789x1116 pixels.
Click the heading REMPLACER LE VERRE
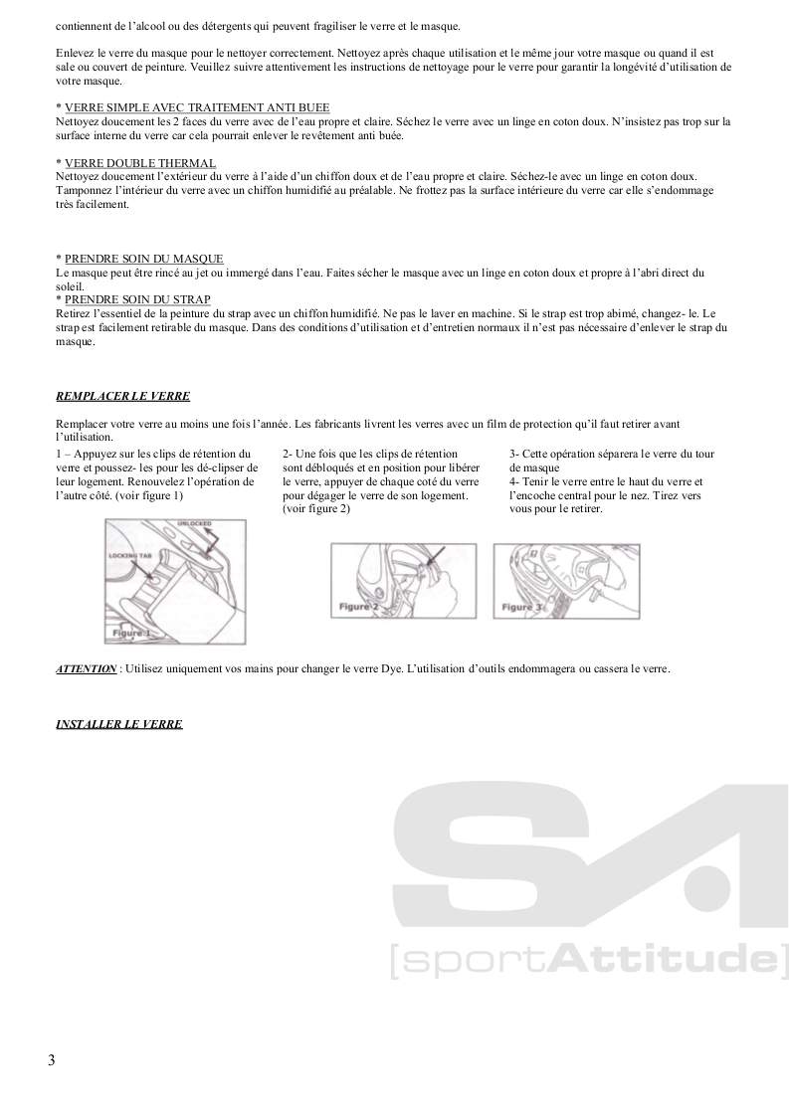click(x=122, y=395)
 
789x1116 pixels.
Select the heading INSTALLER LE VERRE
click(x=118, y=724)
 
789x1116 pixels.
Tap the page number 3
click(x=51, y=1059)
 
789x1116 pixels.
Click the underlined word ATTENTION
click(x=86, y=669)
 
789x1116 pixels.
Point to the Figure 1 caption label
click(x=130, y=632)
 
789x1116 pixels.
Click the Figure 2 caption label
click(x=359, y=606)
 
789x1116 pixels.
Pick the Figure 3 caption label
click(x=522, y=606)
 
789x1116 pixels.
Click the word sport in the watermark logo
click(x=470, y=961)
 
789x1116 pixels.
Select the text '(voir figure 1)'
click(x=148, y=494)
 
